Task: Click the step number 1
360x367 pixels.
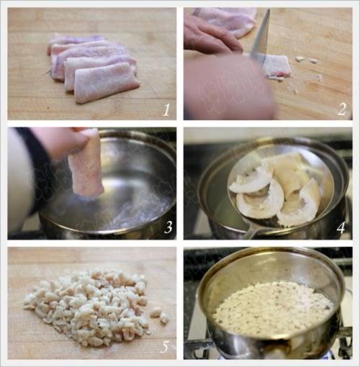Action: click(166, 110)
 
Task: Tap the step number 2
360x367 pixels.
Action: click(342, 109)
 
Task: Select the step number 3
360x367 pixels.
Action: click(168, 227)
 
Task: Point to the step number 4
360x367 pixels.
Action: click(341, 227)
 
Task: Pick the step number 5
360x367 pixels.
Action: click(165, 346)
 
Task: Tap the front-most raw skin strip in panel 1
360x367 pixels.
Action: click(106, 83)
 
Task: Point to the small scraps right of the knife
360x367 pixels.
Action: click(305, 60)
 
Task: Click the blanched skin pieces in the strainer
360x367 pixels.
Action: click(276, 189)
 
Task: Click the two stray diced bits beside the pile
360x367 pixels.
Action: click(161, 315)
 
